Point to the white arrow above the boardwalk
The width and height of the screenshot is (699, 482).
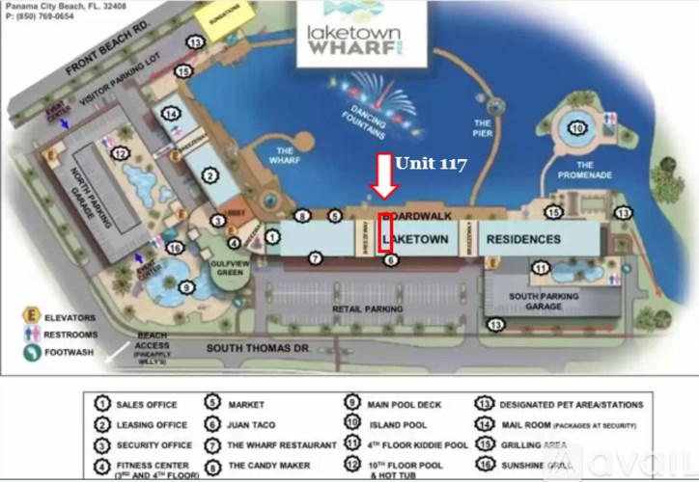(384, 174)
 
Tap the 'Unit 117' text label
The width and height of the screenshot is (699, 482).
(431, 164)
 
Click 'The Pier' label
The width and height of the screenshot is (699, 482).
(483, 128)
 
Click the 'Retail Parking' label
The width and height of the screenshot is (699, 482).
(367, 308)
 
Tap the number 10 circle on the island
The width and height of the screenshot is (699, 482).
(577, 128)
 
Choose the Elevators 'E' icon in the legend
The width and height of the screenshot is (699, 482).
(32, 315)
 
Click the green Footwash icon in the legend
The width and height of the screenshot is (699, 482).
(32, 351)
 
